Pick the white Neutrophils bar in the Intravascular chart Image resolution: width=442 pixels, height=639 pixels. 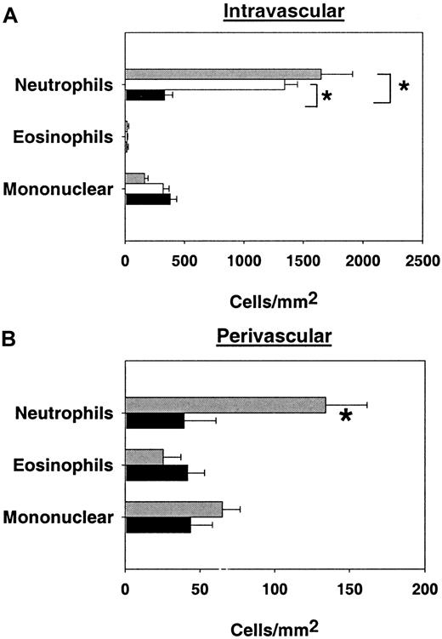click(x=205, y=84)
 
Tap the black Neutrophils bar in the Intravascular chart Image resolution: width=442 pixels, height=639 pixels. click(x=144, y=95)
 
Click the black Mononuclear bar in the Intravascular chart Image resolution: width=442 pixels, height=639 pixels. click(x=147, y=199)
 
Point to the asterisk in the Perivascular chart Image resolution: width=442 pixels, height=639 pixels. click(x=346, y=416)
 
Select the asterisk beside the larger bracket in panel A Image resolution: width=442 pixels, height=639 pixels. click(x=404, y=88)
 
